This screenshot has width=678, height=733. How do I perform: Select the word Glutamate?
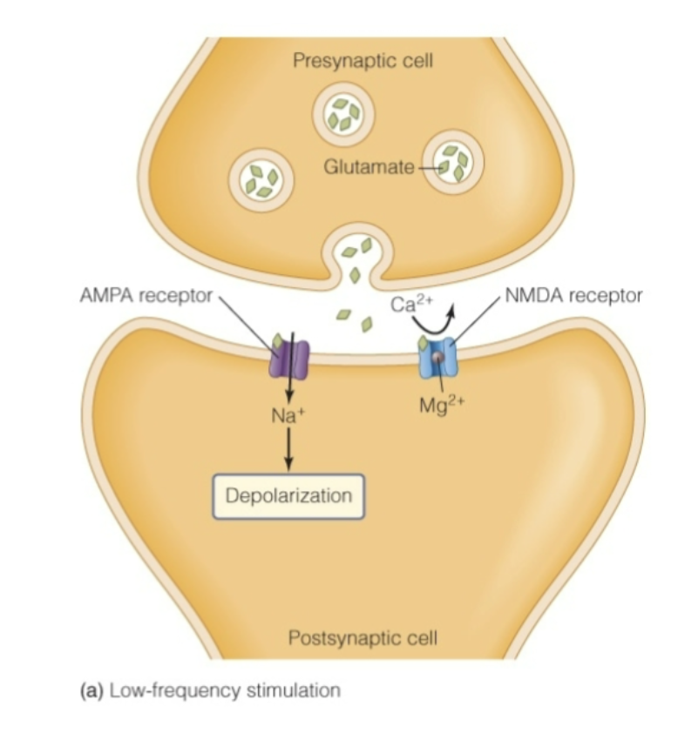point(369,166)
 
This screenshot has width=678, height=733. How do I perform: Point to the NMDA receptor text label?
point(574,296)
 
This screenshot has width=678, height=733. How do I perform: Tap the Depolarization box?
point(288,496)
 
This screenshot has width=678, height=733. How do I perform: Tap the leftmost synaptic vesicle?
point(261,177)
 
